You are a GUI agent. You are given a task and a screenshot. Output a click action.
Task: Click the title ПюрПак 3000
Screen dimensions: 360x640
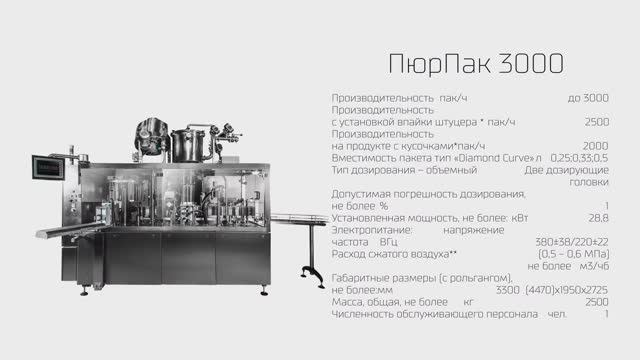tap(476, 64)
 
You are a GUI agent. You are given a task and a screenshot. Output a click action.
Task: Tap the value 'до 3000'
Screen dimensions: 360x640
tap(588, 97)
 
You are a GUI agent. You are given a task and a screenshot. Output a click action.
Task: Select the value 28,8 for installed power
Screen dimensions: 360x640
tap(598, 216)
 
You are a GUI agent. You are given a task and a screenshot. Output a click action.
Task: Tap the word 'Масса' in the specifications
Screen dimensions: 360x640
tap(347, 302)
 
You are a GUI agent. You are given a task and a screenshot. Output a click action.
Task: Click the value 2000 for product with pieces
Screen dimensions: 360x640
tap(596, 145)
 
